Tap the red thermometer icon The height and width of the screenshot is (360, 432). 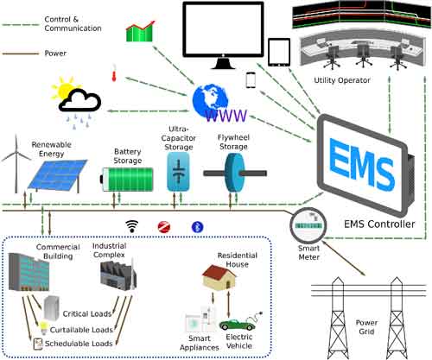(x=114, y=76)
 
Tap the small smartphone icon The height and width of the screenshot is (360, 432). (x=251, y=80)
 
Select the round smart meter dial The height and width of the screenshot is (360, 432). (x=306, y=224)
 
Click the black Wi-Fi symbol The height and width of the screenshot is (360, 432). (x=133, y=227)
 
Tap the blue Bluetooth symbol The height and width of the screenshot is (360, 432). (x=196, y=227)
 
